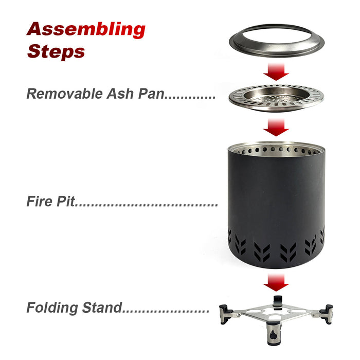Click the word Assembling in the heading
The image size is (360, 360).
coord(86,30)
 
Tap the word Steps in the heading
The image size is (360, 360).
coord(56,51)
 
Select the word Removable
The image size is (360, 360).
coord(64,94)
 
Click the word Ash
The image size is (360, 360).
coord(120,94)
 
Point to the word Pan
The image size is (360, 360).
coord(152,94)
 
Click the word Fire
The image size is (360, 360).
coord(40,201)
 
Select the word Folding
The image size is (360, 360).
coord(52,308)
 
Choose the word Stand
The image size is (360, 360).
coord(102,308)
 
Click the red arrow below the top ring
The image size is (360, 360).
coord(276,72)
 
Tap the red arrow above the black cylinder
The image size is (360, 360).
coord(276,128)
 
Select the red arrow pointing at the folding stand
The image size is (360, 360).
coord(276,282)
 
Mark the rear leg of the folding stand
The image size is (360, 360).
coord(278,302)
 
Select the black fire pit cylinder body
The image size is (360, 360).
coord(276,207)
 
